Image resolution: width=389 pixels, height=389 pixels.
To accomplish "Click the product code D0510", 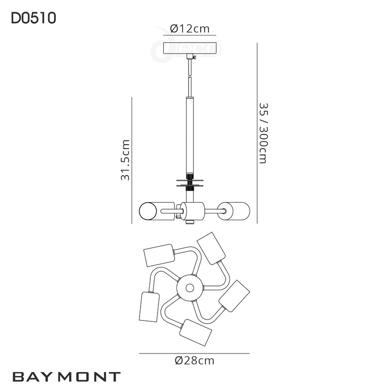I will click(34, 18).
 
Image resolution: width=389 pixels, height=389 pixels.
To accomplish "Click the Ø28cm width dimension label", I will click(194, 360).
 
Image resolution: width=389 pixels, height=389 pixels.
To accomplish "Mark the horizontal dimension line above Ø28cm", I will click(194, 353).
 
